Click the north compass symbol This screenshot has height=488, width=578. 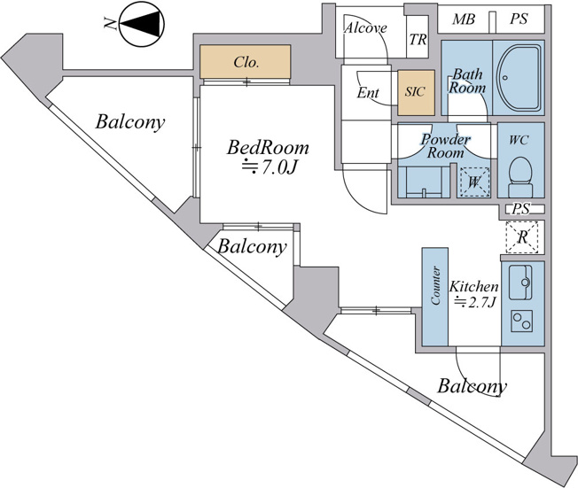tap(142, 24)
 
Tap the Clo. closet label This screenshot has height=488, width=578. tap(246, 62)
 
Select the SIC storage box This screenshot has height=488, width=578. tap(416, 92)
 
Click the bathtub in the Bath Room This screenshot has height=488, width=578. tap(519, 78)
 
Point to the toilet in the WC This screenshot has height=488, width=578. tap(520, 177)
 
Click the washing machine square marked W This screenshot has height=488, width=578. tap(473, 182)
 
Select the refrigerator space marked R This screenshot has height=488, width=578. tap(522, 237)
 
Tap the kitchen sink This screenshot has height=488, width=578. tap(520, 283)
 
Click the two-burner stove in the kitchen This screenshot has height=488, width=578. tap(521, 321)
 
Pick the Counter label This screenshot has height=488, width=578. tap(435, 285)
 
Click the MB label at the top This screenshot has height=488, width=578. tap(464, 19)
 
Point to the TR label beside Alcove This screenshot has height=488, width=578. tap(418, 39)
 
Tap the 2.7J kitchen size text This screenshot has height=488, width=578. tap(474, 302)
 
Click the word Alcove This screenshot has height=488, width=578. tap(365, 28)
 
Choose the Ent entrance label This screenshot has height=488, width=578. tap(368, 93)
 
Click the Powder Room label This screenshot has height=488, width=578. tap(445, 146)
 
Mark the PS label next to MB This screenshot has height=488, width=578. tap(519, 19)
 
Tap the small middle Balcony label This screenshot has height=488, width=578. tap(252, 246)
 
